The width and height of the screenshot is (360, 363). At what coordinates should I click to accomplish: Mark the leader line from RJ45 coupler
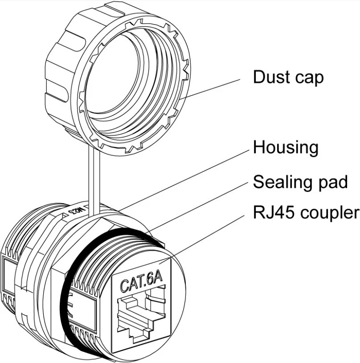[x=209, y=236]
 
